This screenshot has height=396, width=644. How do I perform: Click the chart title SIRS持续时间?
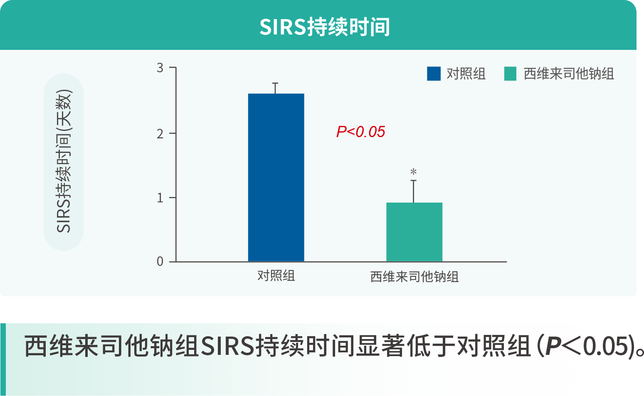pos(325,27)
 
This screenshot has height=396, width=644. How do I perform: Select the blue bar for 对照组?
pos(276,177)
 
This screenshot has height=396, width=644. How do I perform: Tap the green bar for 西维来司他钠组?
pos(414,232)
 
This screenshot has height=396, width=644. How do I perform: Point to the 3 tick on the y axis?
pos(160,68)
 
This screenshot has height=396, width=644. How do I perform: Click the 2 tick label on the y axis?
pos(160,134)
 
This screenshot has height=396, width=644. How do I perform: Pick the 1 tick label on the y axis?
pos(160,198)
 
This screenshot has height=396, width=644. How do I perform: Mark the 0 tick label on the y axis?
pos(160,261)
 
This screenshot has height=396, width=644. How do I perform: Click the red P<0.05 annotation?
pos(360,132)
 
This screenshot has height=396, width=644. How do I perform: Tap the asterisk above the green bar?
pos(413,172)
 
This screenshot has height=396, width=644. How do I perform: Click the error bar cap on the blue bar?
pos(275,83)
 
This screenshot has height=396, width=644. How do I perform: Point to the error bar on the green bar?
pos(413,192)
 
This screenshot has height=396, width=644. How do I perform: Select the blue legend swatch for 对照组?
pos(434,74)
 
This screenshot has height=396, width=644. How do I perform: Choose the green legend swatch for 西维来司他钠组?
pos(510,74)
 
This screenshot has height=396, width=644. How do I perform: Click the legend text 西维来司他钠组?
pos(569,74)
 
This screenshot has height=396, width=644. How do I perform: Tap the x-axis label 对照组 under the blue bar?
pos(276,276)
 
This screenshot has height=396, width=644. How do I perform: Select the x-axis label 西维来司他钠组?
pos(414,277)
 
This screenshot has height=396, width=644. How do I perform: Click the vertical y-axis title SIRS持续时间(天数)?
pos(64,161)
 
